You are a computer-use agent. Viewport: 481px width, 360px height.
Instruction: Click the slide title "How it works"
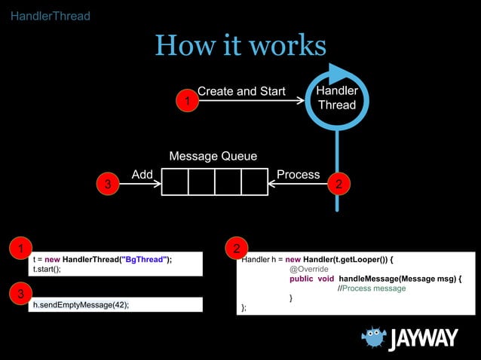(240, 46)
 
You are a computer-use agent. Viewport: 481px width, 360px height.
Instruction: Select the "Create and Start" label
(241, 91)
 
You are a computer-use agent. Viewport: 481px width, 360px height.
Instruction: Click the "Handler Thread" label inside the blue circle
(337, 98)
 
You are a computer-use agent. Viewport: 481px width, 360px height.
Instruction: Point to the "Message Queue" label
(213, 157)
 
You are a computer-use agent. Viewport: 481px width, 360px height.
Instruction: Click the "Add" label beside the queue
(142, 175)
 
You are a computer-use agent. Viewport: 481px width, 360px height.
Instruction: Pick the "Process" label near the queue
(298, 175)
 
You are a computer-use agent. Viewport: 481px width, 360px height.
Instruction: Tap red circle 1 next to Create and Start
(186, 100)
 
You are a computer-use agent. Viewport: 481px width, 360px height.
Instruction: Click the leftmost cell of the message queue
(175, 182)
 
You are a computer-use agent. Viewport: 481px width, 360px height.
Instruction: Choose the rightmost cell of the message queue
(254, 182)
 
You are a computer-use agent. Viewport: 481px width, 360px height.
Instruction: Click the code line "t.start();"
(47, 268)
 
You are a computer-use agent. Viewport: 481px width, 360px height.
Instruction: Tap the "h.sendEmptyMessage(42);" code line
(81, 305)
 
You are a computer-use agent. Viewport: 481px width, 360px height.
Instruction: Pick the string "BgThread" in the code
(142, 260)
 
